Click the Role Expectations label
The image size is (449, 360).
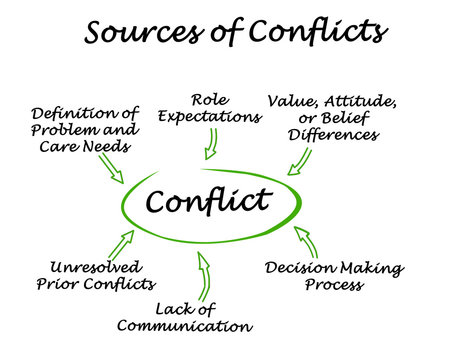point(211,108)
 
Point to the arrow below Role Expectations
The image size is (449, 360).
point(210,145)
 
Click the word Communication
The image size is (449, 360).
point(184,326)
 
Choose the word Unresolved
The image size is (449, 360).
point(96,268)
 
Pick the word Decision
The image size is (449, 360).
point(298,268)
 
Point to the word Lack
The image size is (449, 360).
point(171,308)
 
